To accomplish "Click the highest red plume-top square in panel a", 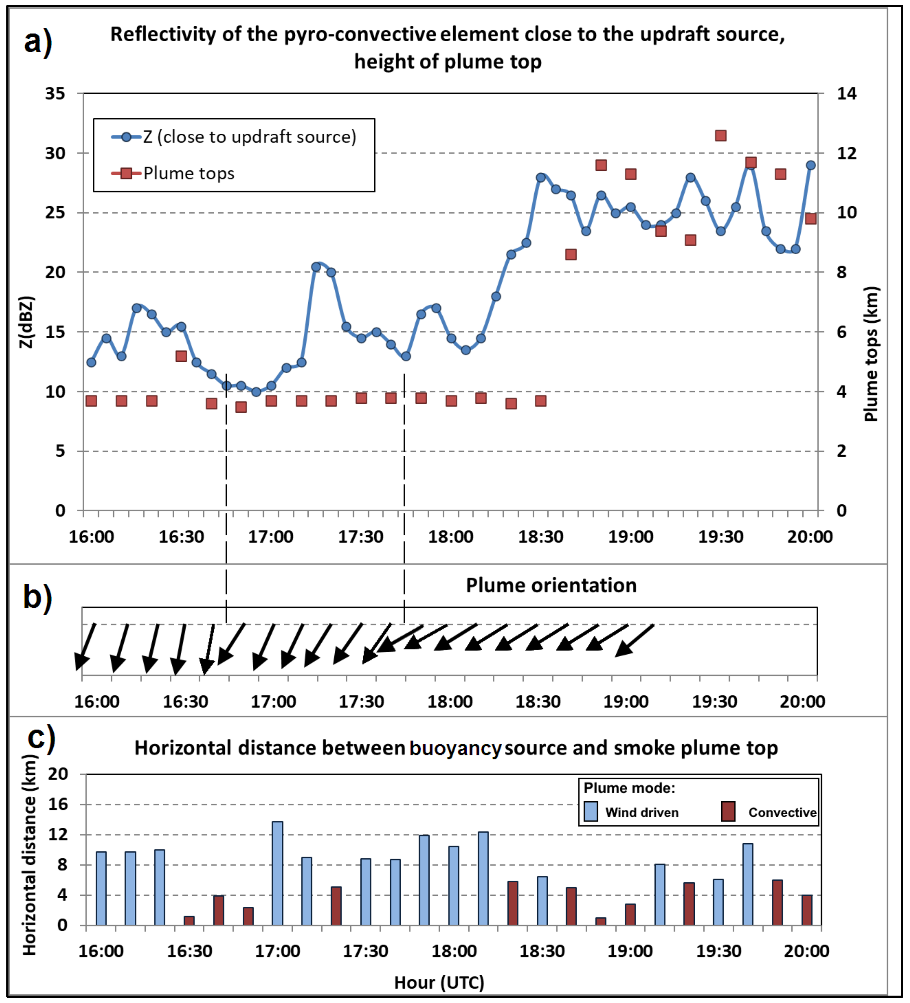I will (x=721, y=136).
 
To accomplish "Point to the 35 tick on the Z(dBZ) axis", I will (x=55, y=93).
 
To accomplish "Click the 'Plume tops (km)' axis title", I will (x=871, y=354).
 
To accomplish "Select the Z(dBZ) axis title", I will (x=27, y=322).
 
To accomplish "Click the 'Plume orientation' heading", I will (x=551, y=585).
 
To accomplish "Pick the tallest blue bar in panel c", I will (x=277, y=873).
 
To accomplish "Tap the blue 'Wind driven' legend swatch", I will (x=590, y=811).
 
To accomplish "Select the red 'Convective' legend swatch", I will (x=728, y=811).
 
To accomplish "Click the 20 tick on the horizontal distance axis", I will (x=58, y=774).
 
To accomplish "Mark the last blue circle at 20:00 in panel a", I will (x=811, y=165).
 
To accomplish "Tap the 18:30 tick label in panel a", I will (x=541, y=537).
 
